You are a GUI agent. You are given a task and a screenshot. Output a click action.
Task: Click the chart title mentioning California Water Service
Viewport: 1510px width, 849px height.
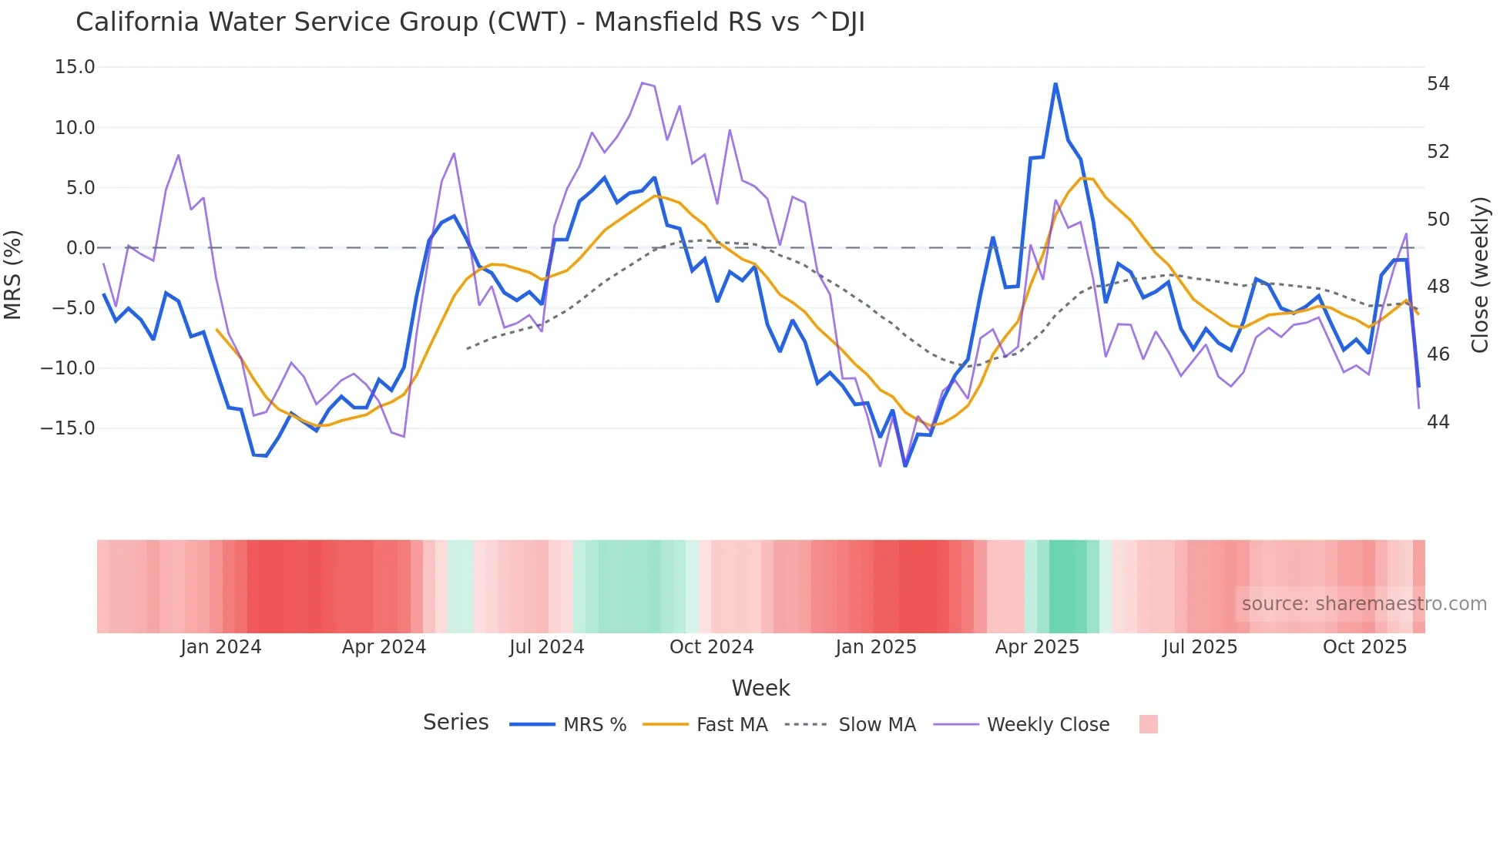[x=470, y=22]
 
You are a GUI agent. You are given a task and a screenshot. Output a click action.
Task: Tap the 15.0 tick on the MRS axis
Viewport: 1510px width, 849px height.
[x=75, y=67]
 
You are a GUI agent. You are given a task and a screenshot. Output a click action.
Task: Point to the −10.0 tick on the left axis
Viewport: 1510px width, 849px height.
[x=68, y=368]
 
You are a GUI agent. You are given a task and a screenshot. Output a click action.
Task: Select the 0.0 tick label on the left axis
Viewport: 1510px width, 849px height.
[x=80, y=248]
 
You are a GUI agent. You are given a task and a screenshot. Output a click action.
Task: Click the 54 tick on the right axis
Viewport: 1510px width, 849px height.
[x=1438, y=84]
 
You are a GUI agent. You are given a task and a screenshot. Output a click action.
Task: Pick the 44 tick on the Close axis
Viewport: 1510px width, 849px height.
[x=1438, y=422]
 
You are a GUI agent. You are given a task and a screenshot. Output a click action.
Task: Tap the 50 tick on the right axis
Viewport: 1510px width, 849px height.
[x=1438, y=220]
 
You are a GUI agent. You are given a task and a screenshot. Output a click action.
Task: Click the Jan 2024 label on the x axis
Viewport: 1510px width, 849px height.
[x=221, y=647]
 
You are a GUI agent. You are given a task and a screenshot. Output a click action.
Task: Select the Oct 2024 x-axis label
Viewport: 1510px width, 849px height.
[x=711, y=647]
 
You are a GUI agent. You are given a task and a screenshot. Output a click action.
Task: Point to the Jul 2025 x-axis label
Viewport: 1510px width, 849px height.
[x=1200, y=647]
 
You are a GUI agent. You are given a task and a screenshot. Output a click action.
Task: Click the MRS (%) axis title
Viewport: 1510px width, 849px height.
[x=13, y=275]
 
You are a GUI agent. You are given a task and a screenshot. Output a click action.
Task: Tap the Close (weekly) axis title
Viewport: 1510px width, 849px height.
[x=1480, y=275]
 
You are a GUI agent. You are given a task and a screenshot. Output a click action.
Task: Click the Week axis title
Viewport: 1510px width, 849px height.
[x=760, y=688]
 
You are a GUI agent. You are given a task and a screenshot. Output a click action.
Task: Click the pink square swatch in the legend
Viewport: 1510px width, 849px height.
[x=1148, y=724]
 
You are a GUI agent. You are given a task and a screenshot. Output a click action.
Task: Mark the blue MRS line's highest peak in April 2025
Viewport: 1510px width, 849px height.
[x=1055, y=84]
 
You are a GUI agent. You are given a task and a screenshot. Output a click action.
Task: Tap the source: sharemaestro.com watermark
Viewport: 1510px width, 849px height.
[x=1364, y=604]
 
